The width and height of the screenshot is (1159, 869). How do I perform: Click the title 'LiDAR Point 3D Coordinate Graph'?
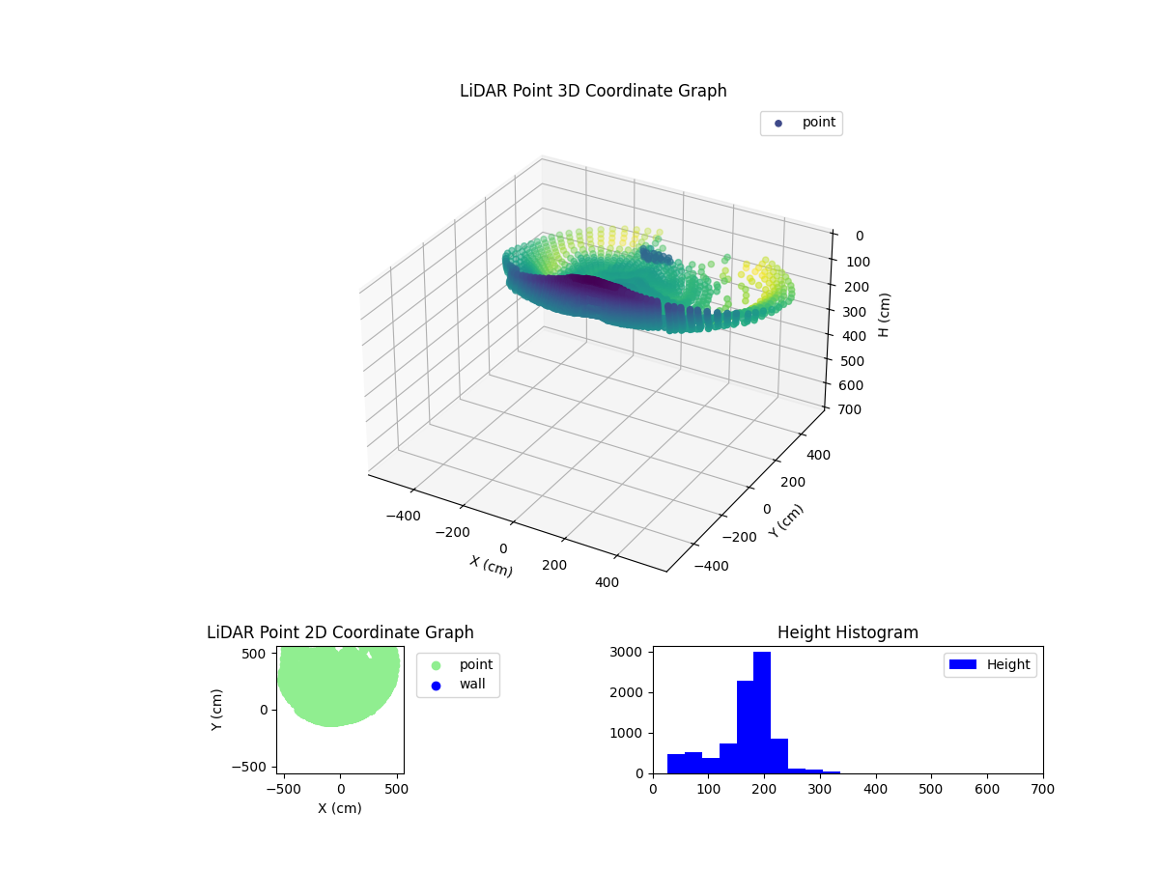coord(593,91)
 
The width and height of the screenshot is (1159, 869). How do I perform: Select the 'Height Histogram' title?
coord(847,632)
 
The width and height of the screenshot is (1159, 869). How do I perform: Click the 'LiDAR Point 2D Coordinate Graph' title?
coord(340,632)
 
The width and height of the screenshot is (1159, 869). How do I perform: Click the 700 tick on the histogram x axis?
coord(1042,789)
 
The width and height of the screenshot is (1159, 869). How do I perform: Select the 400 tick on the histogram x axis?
coord(875,789)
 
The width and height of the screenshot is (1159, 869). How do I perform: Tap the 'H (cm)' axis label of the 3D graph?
coord(885,315)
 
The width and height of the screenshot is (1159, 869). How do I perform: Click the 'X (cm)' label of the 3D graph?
coord(491,566)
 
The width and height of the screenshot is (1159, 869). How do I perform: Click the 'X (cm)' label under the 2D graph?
coord(340,808)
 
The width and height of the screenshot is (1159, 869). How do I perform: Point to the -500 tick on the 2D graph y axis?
coord(253,767)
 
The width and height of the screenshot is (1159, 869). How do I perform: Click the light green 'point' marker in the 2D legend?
coord(436,664)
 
